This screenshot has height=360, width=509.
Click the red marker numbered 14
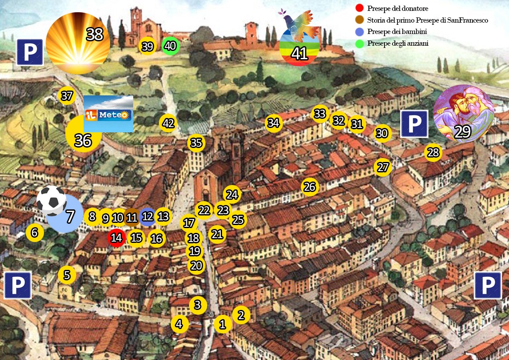117,238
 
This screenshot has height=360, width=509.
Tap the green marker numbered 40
170,46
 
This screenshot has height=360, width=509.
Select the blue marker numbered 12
148,216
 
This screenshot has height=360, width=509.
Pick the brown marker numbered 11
131,217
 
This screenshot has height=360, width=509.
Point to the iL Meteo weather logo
108,114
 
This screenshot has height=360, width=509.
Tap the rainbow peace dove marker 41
299,41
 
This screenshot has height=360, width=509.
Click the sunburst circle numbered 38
78,43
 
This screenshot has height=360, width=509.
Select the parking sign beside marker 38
30,52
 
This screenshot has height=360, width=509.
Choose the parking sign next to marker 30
414,124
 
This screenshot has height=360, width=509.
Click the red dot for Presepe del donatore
359,8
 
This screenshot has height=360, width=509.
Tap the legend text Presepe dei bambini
396,32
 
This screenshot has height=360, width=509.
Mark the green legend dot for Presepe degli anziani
359,44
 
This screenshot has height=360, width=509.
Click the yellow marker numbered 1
222,324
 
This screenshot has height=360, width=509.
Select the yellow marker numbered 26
310,187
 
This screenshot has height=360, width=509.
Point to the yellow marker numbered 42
168,123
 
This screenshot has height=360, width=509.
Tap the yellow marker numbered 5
67,275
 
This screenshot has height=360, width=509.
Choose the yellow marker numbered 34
273,123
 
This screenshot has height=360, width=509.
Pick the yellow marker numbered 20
196,265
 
